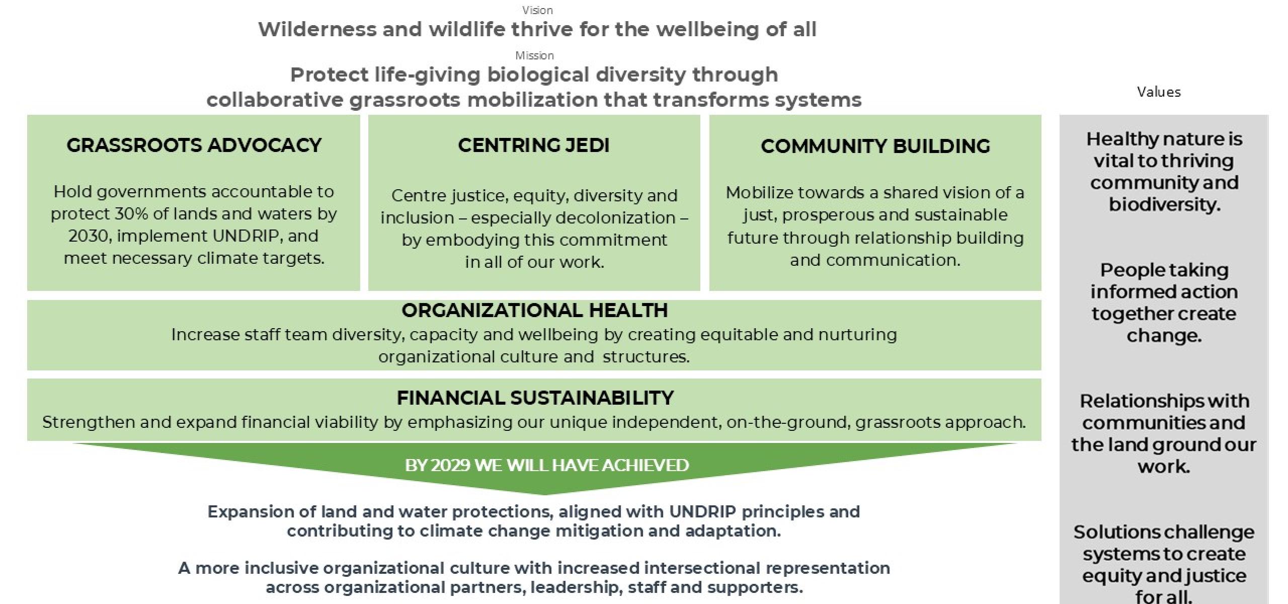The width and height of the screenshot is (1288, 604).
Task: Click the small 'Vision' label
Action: pyautogui.click(x=537, y=10)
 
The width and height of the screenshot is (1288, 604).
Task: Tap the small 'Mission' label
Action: pyautogui.click(x=534, y=55)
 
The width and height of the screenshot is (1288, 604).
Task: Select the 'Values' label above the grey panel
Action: pyautogui.click(x=1159, y=92)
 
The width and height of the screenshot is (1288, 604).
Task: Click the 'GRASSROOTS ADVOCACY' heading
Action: pyautogui.click(x=194, y=145)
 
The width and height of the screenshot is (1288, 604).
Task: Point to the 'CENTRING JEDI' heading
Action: pyautogui.click(x=534, y=145)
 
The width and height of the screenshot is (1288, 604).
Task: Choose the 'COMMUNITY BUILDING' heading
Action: pyautogui.click(x=875, y=146)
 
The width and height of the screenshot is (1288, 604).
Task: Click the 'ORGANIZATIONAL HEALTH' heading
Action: pyautogui.click(x=534, y=310)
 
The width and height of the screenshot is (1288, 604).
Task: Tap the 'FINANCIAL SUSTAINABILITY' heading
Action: pyautogui.click(x=535, y=398)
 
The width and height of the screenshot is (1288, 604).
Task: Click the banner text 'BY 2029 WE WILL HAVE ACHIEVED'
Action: pyautogui.click(x=547, y=465)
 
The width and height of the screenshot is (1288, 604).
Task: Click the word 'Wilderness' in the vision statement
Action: pyautogui.click(x=317, y=29)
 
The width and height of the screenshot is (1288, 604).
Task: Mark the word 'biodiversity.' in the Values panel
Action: pyautogui.click(x=1164, y=204)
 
